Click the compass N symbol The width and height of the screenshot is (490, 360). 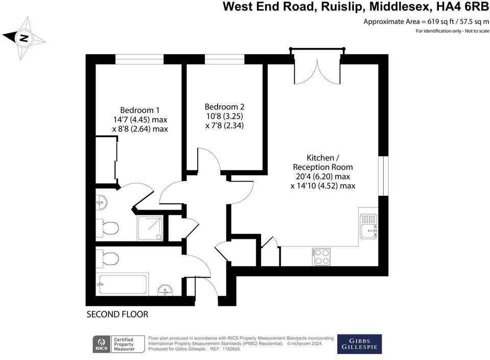click(24, 38)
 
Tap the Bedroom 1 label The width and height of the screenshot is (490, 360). click(140, 110)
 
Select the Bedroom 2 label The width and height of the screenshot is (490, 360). click(224, 107)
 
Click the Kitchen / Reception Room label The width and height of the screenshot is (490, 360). click(322, 158)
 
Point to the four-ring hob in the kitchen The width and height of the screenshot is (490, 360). click(321, 256)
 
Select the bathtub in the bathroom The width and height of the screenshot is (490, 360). click(123, 284)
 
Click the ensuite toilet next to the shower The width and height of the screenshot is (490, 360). click(109, 228)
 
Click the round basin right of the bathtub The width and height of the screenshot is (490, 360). click(165, 291)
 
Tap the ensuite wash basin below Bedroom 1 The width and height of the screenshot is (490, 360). click(102, 203)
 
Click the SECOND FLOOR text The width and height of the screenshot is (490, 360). click(117, 314)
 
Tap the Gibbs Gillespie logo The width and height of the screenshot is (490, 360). click(359, 344)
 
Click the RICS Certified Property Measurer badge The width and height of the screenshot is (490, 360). click(114, 344)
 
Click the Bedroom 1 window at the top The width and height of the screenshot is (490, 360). click(139, 58)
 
